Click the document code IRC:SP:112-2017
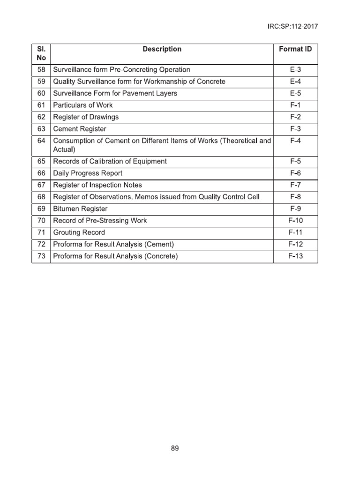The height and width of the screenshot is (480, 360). click(292, 27)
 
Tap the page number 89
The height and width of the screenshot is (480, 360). click(175, 448)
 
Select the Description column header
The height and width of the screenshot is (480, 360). click(162, 49)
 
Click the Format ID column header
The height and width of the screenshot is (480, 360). click(295, 49)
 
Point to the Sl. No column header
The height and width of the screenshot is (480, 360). click(41, 53)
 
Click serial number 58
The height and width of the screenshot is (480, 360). click(41, 69)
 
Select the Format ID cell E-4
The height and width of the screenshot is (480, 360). click(295, 82)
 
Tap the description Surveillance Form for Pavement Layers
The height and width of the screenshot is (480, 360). click(115, 93)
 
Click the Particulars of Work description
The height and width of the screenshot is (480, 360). click(83, 105)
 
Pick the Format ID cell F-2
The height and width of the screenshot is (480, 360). click(295, 117)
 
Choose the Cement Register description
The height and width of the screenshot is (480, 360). click(80, 129)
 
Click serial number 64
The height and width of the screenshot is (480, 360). click(41, 141)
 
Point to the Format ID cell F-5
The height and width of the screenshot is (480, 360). click(295, 161)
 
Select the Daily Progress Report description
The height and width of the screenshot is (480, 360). click(88, 173)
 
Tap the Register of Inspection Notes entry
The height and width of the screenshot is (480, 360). click(97, 185)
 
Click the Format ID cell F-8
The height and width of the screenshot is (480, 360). click(295, 197)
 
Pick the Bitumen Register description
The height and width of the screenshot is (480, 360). click(80, 209)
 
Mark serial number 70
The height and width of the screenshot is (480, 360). click(41, 220)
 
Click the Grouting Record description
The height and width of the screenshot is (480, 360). click(79, 232)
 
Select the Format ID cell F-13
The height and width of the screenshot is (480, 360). click(295, 256)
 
